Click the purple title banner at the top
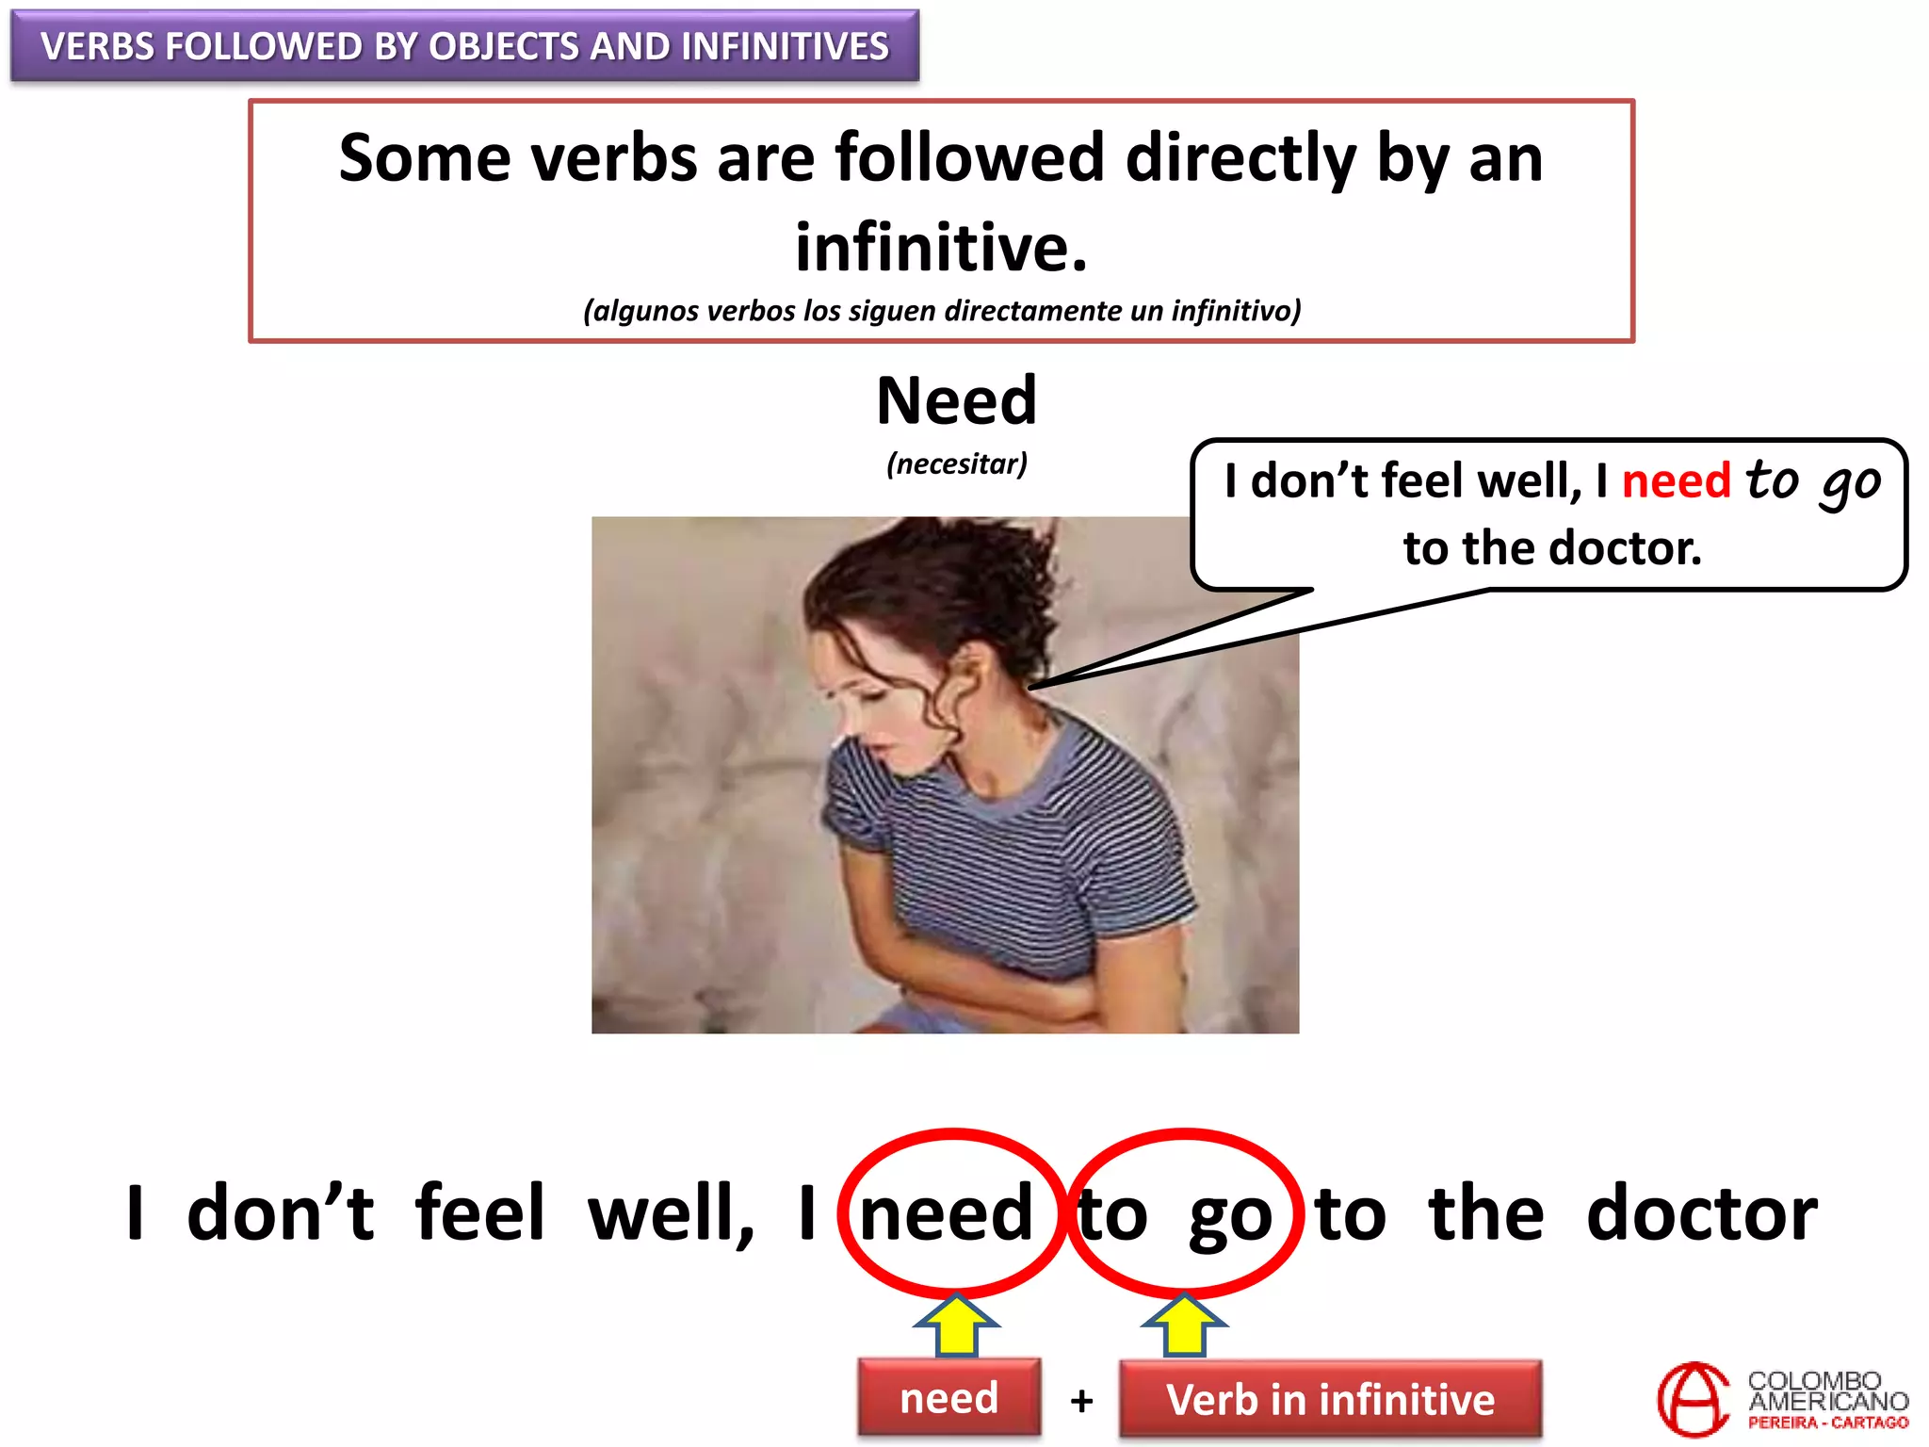pyautogui.click(x=464, y=45)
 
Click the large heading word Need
pyautogui.click(x=956, y=401)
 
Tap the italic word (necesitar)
pyautogui.click(x=956, y=463)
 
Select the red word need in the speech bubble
pyautogui.click(x=1676, y=481)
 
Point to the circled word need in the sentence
pyautogui.click(x=948, y=1213)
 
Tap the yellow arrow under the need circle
pyautogui.click(x=956, y=1324)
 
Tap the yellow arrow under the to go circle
pyautogui.click(x=1184, y=1324)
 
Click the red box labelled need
pyautogui.click(x=948, y=1398)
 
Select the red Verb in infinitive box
pyautogui.click(x=1330, y=1400)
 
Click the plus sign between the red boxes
pyautogui.click(x=1081, y=1401)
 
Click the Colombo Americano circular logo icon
pyautogui.click(x=1693, y=1399)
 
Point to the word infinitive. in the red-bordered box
pyautogui.click(x=941, y=247)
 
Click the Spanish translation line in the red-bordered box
pyautogui.click(x=942, y=311)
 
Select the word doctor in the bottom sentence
pyautogui.click(x=1701, y=1213)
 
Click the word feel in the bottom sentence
pyautogui.click(x=479, y=1213)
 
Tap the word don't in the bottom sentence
pyautogui.click(x=280, y=1213)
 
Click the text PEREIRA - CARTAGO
pyautogui.click(x=1827, y=1423)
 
